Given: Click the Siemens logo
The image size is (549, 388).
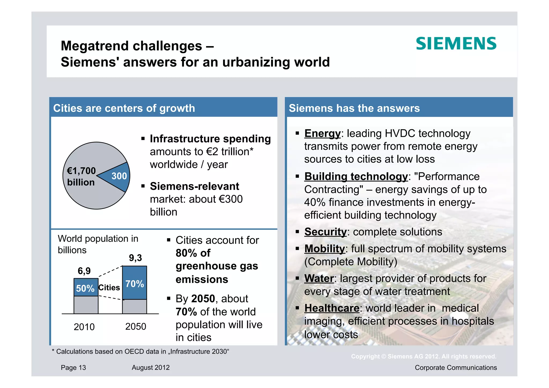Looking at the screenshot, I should (x=456, y=44).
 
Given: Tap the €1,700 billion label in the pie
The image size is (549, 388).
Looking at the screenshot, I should (x=81, y=176).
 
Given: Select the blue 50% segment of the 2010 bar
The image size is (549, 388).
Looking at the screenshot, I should (x=86, y=288).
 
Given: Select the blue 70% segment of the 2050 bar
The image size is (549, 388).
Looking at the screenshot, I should (x=135, y=283).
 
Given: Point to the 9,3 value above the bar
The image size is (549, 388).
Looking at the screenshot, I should (x=135, y=258).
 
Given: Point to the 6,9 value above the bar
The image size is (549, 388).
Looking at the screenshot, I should (x=84, y=271).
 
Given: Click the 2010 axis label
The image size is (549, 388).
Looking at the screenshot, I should (x=84, y=327).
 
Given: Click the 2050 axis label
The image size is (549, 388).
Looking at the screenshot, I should (x=136, y=327).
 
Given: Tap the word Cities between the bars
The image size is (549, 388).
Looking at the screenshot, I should (x=109, y=288).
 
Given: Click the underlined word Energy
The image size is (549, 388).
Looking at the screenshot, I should (x=322, y=134).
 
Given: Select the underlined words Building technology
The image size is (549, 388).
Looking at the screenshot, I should (x=356, y=176).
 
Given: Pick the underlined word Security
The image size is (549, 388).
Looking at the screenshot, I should (x=325, y=232).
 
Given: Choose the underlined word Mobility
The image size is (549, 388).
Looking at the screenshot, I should (x=325, y=249).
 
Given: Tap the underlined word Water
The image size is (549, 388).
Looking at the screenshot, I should (x=319, y=279).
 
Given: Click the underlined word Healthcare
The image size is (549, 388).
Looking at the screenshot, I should (x=332, y=308).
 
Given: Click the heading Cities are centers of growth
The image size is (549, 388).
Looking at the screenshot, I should (x=124, y=108).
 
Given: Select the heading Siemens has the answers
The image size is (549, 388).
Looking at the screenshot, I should (x=354, y=108).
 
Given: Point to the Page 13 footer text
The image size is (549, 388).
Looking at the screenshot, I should (x=73, y=368).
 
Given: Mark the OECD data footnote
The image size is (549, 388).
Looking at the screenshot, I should (x=140, y=352).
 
